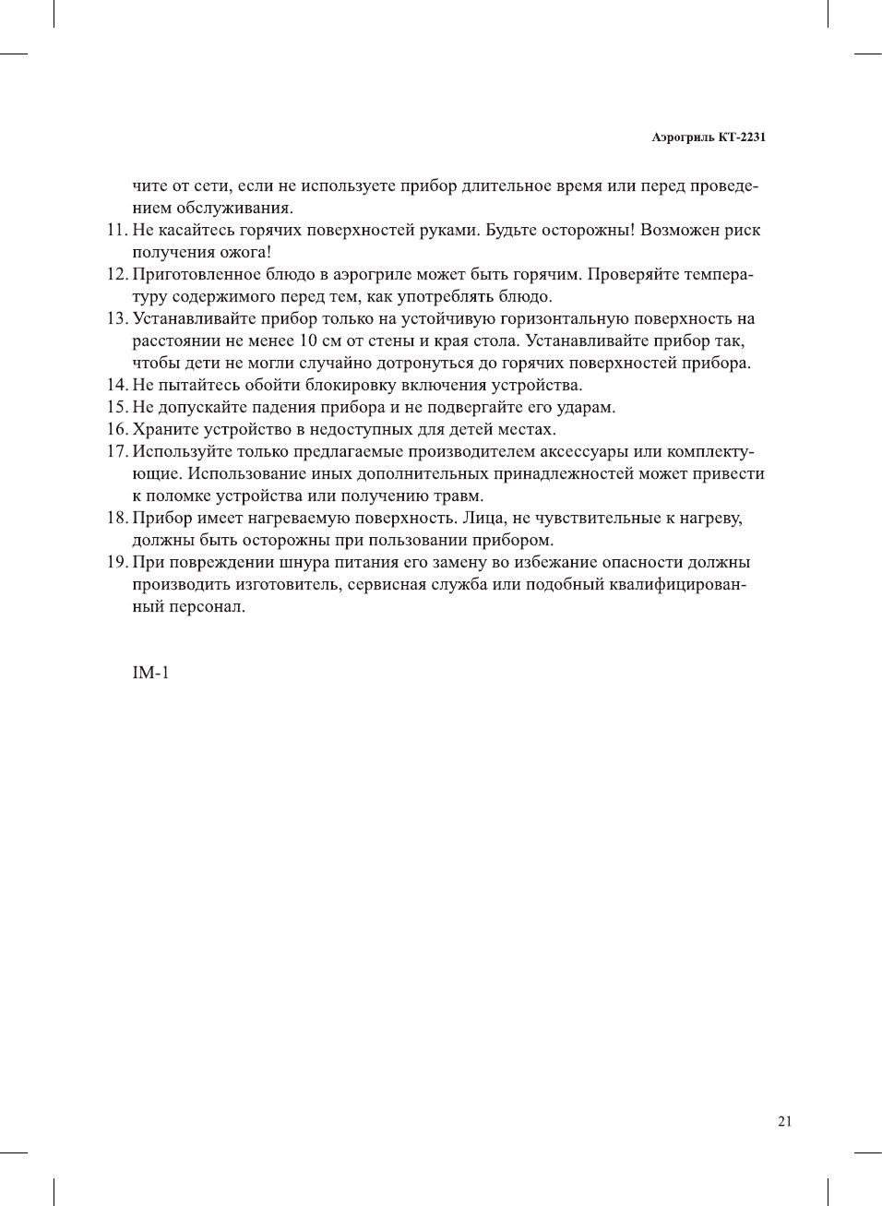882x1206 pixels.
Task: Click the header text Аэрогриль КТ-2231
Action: (708, 137)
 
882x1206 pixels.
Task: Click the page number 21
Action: (784, 1121)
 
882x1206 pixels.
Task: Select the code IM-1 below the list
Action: (150, 673)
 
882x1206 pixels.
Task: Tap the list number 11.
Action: (116, 231)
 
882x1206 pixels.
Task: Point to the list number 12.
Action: (116, 275)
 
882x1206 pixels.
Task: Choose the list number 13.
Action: (116, 319)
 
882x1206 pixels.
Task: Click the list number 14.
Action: (116, 386)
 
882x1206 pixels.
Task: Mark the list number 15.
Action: (116, 408)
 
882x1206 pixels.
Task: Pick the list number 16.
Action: (116, 430)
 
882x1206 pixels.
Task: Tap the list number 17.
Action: (116, 452)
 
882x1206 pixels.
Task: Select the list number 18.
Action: (116, 519)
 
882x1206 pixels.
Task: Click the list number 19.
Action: (116, 563)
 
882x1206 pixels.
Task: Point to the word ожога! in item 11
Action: (245, 253)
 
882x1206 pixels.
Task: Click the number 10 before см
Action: (308, 341)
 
